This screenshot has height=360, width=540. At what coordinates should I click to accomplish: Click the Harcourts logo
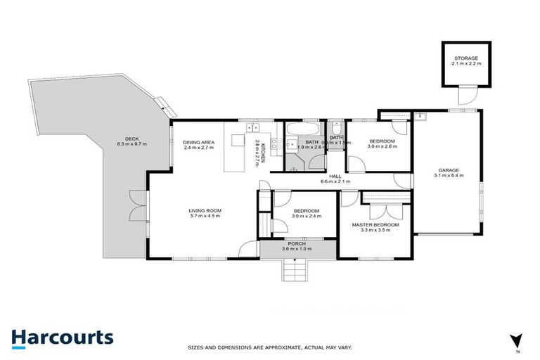click(62, 337)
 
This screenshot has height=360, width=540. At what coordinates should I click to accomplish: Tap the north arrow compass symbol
click(517, 340)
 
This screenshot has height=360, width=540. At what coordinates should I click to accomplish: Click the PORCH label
click(295, 244)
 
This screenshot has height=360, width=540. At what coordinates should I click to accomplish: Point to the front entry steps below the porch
click(295, 268)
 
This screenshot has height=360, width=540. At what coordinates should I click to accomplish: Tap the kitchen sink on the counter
click(252, 128)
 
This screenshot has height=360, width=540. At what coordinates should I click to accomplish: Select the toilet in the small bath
click(336, 128)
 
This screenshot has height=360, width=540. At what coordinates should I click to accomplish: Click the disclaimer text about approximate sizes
click(269, 347)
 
